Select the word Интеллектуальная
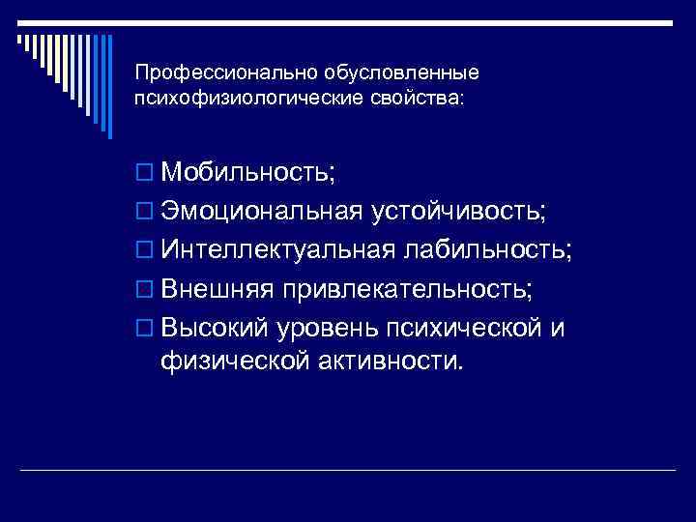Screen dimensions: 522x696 278,250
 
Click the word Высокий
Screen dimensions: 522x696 217,328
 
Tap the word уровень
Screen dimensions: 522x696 329,329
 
